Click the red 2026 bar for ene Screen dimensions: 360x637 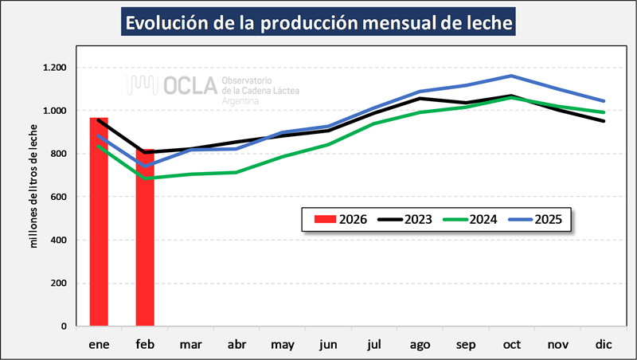(99, 223)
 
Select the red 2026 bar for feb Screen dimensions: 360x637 (145, 239)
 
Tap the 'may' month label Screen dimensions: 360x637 (283, 344)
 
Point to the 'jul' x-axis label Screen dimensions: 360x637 (376, 343)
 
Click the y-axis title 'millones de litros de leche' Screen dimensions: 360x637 (34, 186)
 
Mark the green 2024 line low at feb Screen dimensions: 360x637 (145, 178)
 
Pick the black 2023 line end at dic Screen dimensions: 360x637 (604, 121)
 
